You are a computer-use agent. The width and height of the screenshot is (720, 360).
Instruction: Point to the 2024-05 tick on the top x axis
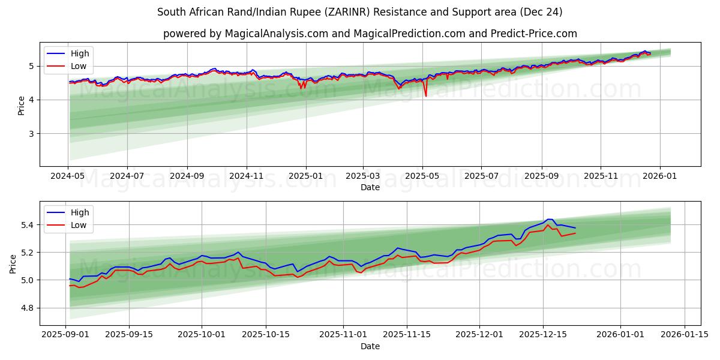tap(68, 177)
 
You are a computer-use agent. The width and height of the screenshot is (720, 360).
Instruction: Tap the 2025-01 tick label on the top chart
tap(306, 177)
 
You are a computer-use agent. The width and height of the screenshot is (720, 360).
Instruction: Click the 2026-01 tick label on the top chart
tap(660, 177)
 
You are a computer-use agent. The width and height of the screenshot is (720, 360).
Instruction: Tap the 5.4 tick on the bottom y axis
tap(28, 225)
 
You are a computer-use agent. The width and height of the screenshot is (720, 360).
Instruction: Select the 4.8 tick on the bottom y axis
tap(28, 308)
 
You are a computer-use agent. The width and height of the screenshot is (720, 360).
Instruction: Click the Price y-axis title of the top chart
tap(22, 106)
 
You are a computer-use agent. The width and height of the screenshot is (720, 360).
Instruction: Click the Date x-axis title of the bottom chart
tap(370, 346)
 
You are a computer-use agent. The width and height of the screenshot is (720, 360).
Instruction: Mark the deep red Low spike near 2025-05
tap(426, 95)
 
